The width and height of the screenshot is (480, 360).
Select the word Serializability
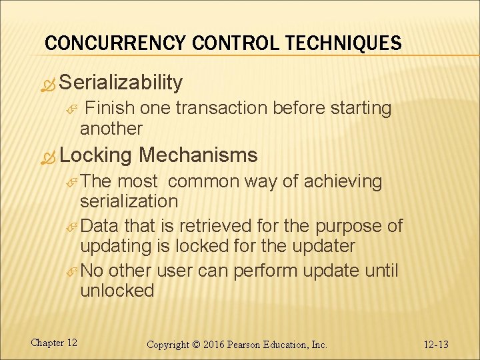coord(121,83)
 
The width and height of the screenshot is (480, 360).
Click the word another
coord(111,127)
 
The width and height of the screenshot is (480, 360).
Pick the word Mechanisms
coord(198,155)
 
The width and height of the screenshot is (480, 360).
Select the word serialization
coord(129,201)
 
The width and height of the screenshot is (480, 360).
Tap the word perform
coord(261,271)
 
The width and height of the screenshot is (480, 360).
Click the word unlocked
coord(117,291)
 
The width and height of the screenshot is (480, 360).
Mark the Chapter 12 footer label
coord(53,343)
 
